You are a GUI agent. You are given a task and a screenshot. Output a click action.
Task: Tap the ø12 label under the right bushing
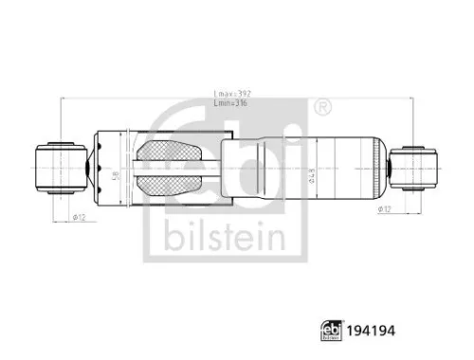(x=385, y=208)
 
